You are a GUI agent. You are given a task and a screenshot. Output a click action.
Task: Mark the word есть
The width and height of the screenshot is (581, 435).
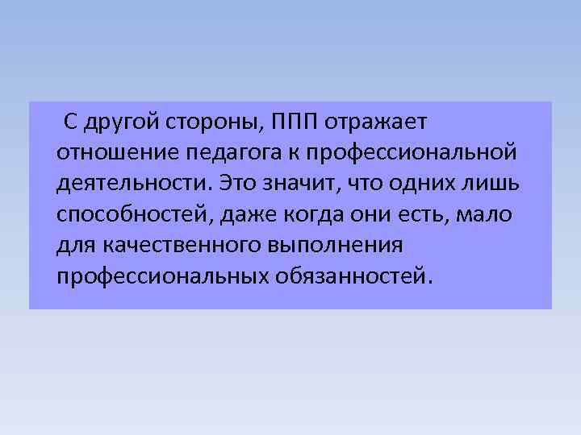tap(437, 213)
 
